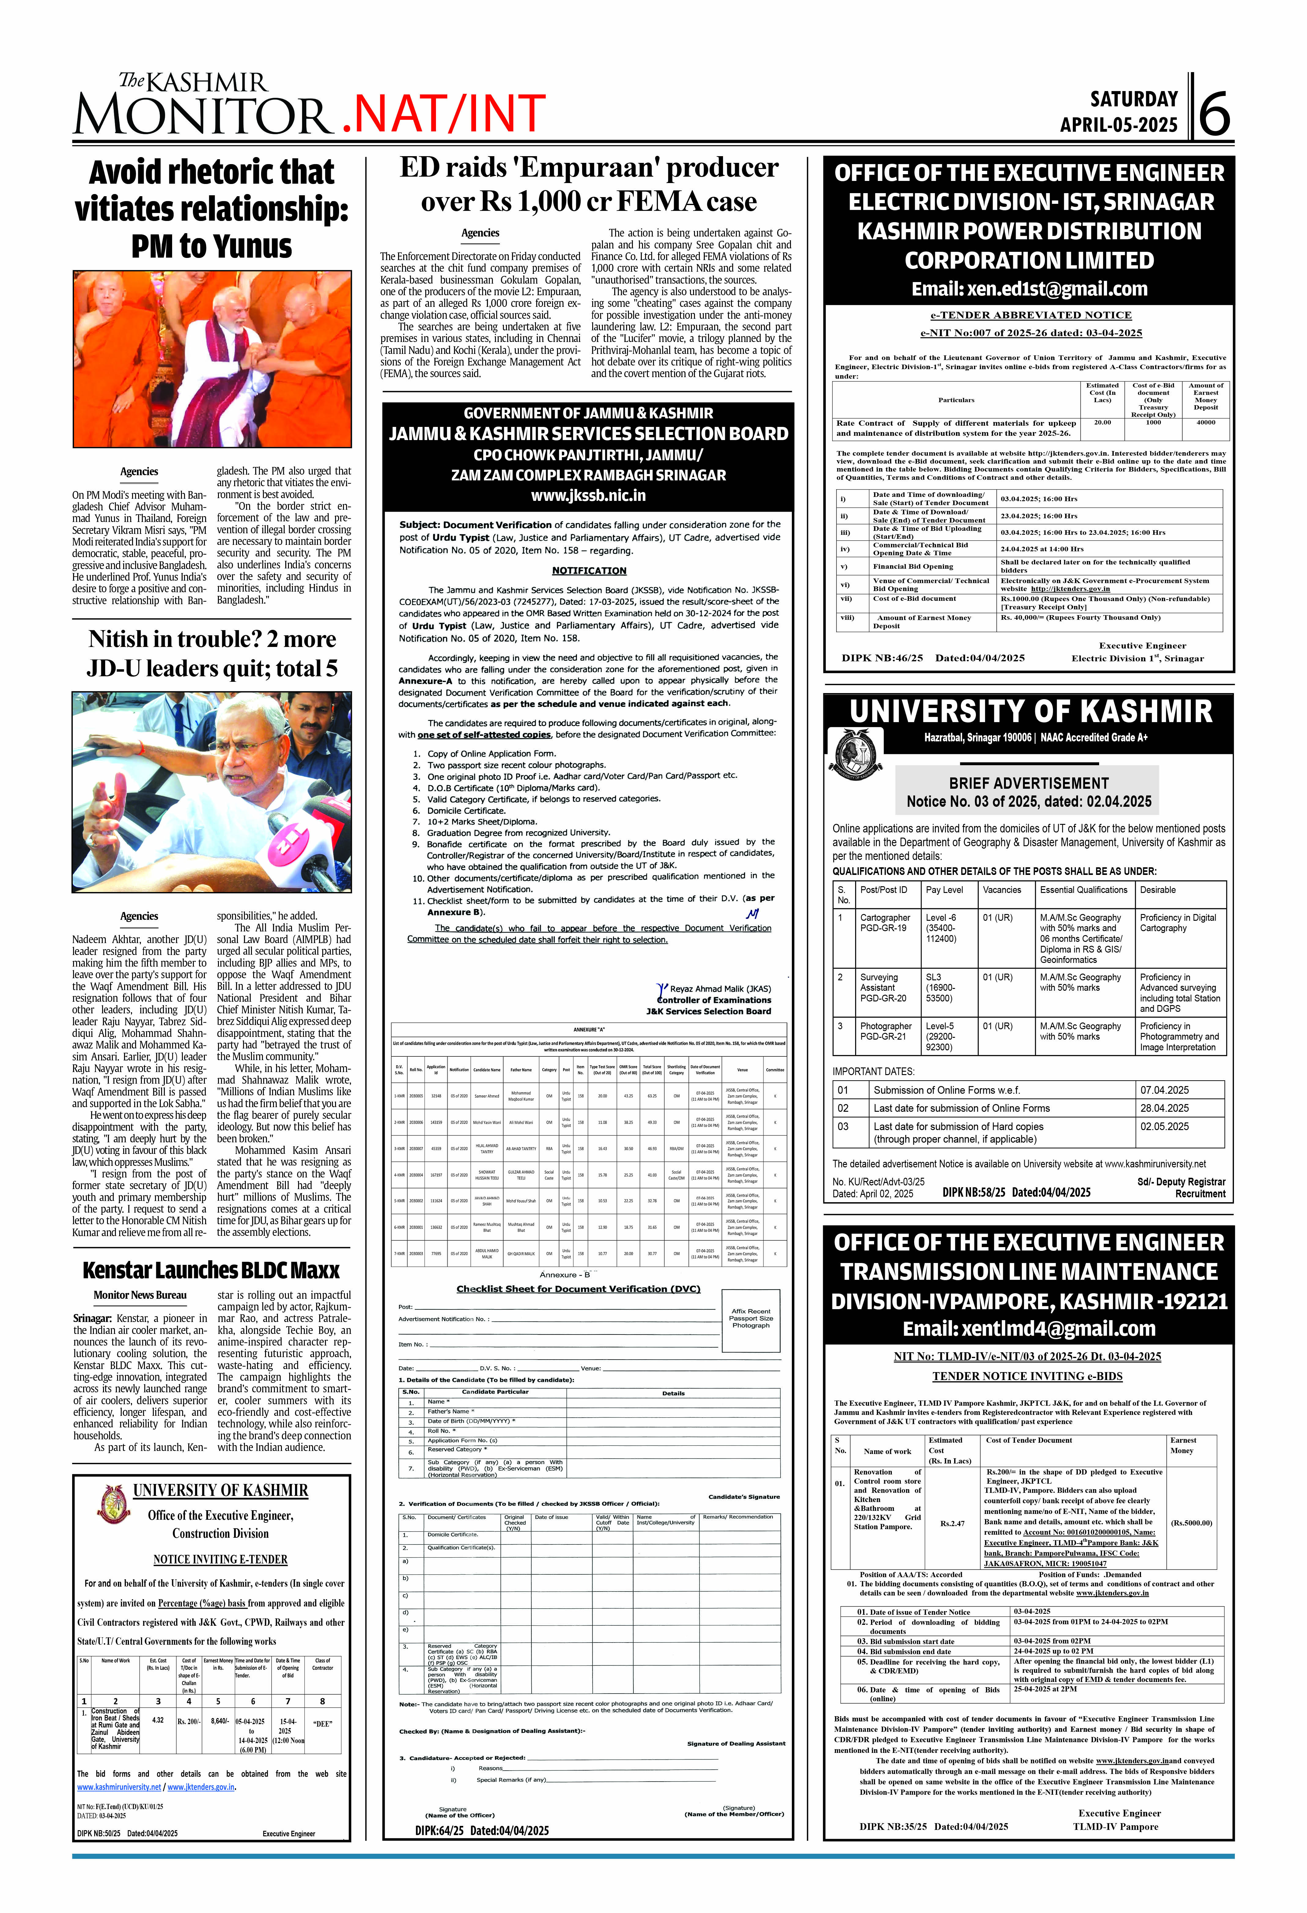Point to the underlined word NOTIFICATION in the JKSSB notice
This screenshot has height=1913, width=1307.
pos(589,571)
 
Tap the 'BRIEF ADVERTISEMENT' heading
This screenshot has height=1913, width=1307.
pos(1028,783)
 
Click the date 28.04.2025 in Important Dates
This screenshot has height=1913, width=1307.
pos(1164,1108)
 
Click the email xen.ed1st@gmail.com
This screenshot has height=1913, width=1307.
pos(1029,289)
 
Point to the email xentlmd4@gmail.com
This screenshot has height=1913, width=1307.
pos(1029,1328)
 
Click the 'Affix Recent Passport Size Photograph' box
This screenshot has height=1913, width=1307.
pos(750,1319)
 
